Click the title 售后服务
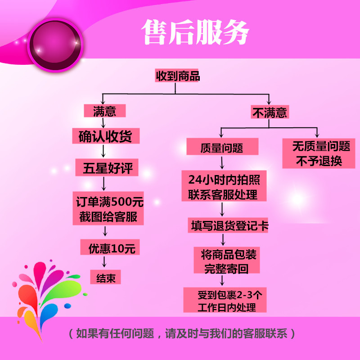point(196,31)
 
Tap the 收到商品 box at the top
point(178,76)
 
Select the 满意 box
point(104,111)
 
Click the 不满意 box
point(270,112)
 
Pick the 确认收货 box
point(105,136)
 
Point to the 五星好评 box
point(107,169)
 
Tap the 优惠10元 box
point(108,248)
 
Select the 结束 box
point(106,278)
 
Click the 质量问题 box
point(222,147)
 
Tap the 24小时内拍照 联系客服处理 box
point(224,186)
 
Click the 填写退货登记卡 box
point(228,225)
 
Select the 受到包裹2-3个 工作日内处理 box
point(225,301)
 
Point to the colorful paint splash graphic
point(43,292)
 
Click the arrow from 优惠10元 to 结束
point(105,262)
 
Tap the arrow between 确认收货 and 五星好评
point(104,152)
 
